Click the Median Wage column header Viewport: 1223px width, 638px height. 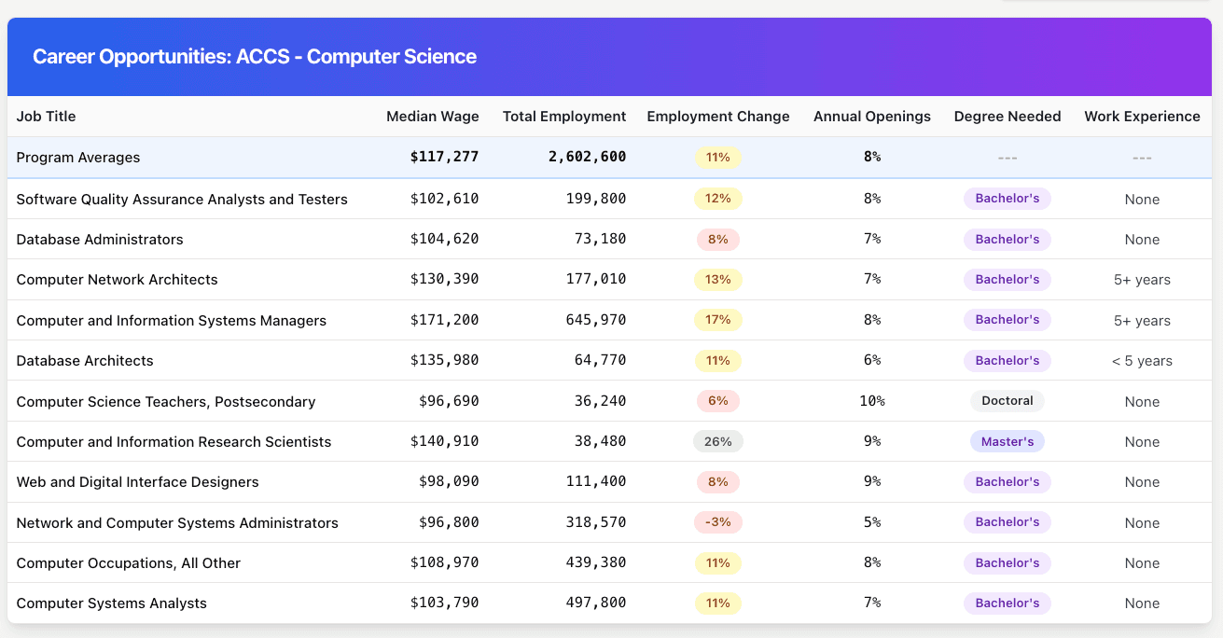(x=432, y=117)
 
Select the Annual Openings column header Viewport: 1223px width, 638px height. (x=871, y=117)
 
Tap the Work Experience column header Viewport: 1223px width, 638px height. (x=1142, y=117)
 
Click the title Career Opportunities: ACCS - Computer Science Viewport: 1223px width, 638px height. (x=255, y=57)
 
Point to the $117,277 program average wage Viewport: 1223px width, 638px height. (x=444, y=157)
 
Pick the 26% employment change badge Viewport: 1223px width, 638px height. (x=717, y=441)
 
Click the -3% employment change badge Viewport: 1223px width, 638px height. (x=717, y=522)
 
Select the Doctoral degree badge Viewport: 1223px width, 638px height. (x=1007, y=401)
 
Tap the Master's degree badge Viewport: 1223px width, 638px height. (x=1007, y=441)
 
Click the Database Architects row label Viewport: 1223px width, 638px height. (x=85, y=360)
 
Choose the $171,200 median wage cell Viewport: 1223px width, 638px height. (x=444, y=320)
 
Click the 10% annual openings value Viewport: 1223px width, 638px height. (x=871, y=401)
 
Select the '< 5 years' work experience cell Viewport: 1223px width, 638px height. (x=1142, y=361)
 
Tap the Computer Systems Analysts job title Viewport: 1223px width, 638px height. (x=112, y=603)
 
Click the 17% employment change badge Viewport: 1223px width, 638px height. (x=717, y=320)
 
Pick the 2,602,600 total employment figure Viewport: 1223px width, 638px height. (x=587, y=157)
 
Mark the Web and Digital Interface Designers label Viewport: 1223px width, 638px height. (x=138, y=481)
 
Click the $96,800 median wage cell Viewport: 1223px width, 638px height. (x=449, y=522)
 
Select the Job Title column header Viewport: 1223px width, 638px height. (x=47, y=117)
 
